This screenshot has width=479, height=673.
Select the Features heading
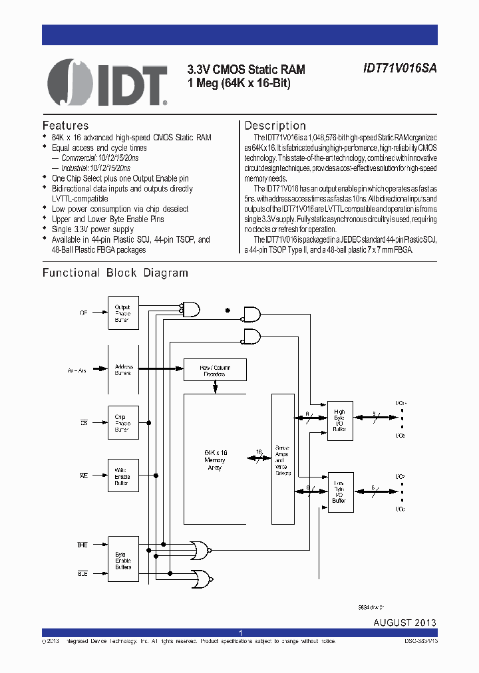[65, 126]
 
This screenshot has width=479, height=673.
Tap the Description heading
[275, 126]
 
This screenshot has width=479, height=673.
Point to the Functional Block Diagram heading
[115, 273]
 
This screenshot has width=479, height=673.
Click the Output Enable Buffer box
[123, 313]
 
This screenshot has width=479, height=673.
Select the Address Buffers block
[123, 369]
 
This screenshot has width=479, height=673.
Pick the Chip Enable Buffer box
[123, 422]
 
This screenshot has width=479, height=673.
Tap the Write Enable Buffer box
[123, 476]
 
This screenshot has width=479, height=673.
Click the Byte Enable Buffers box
[123, 561]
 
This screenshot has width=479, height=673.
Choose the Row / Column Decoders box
[214, 370]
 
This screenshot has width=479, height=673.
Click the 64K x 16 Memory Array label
[214, 460]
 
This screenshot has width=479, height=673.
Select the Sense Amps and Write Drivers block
[281, 460]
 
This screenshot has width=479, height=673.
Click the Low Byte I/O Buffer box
[340, 492]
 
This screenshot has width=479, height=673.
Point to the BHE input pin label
[82, 544]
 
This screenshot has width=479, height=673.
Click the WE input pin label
[84, 476]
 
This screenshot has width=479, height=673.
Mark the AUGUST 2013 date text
[404, 622]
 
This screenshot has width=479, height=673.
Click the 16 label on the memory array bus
[258, 452]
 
